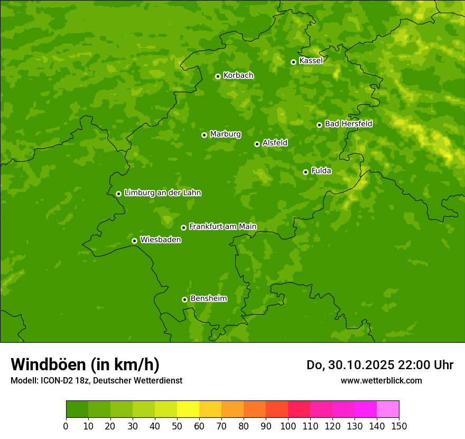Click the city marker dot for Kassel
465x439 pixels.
click(293, 62)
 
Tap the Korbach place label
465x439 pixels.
click(238, 75)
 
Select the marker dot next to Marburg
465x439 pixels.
click(204, 135)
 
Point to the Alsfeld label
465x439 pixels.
click(275, 142)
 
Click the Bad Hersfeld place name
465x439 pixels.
click(348, 124)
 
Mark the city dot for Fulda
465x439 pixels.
click(305, 172)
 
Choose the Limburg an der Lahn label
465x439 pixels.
click(162, 193)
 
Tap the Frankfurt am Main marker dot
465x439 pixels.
click(183, 227)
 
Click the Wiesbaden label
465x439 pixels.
click(161, 240)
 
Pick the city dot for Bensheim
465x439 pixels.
click(184, 299)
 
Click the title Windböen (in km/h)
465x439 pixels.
click(85, 364)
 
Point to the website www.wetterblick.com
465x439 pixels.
click(381, 380)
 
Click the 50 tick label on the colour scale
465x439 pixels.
click(177, 426)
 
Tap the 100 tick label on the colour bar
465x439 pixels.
click(288, 426)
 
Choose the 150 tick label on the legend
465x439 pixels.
click(399, 426)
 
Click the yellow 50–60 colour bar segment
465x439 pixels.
click(188, 409)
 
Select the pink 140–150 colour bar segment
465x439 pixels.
click(388, 409)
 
